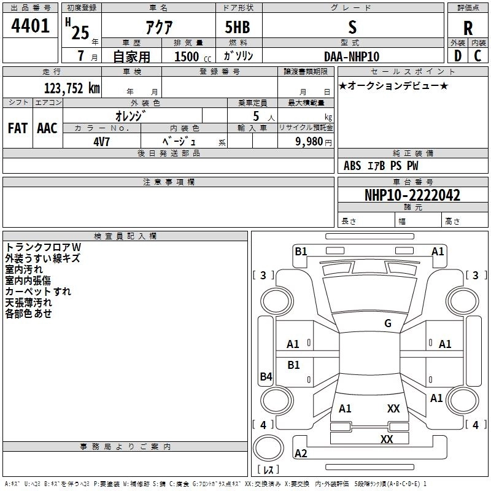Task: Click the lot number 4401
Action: [30, 26]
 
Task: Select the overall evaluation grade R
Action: [468, 28]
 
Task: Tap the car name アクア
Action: [158, 28]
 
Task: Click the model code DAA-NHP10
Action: [352, 56]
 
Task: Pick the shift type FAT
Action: [17, 128]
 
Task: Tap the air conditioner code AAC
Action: [47, 128]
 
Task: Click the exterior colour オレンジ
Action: [130, 115]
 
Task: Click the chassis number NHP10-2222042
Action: [412, 196]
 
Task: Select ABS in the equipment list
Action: [352, 166]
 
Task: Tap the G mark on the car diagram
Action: [387, 323]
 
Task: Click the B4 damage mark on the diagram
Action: [266, 377]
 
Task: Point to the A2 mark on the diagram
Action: [301, 454]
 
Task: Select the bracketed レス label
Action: [268, 470]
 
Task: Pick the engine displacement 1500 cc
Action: [187, 56]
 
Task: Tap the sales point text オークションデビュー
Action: [393, 85]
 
